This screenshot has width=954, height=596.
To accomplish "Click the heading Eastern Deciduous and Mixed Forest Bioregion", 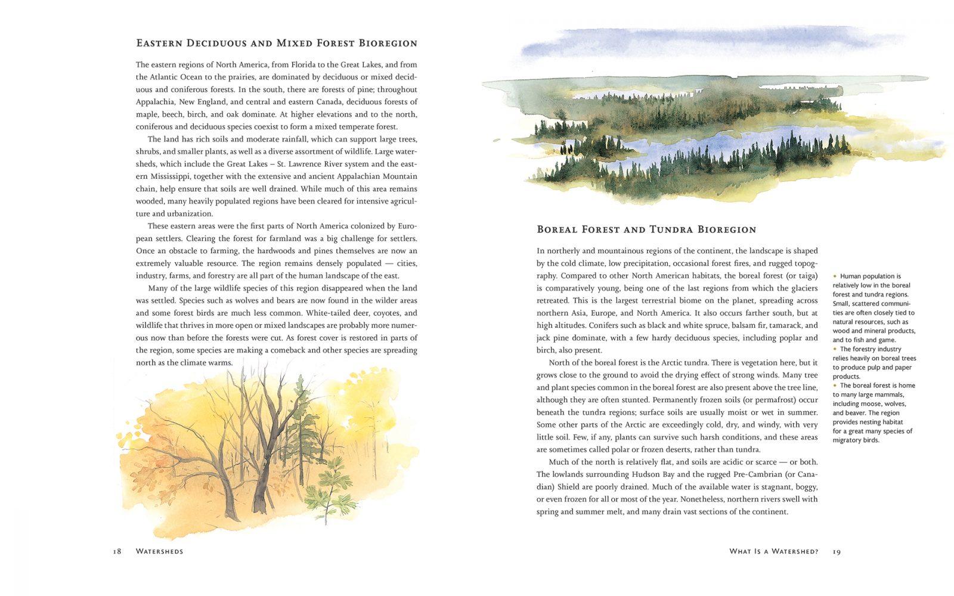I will pos(277,44).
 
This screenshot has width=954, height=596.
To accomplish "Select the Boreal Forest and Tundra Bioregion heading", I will pos(646,229).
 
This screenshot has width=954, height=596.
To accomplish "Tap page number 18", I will pos(117,551).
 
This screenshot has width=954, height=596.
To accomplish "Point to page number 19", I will pos(837,551).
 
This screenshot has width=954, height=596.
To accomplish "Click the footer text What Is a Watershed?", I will pos(773,551).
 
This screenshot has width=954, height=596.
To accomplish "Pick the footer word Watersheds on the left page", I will pos(159,551).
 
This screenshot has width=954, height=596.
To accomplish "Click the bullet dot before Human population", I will pos(835,277).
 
